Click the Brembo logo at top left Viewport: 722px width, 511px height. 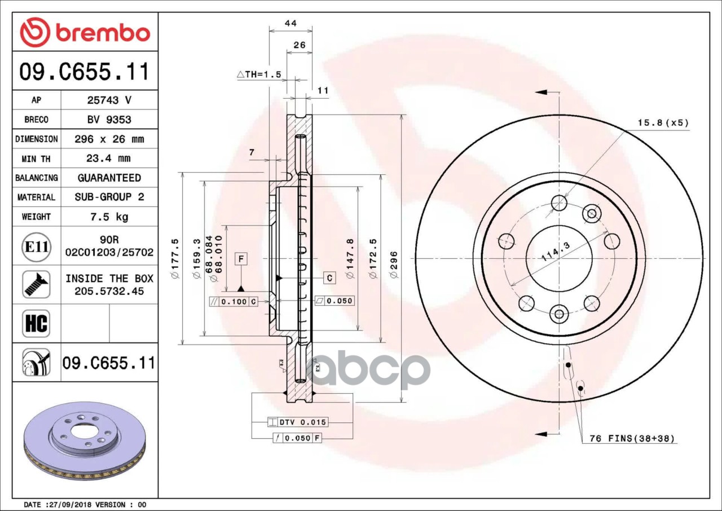(85, 33)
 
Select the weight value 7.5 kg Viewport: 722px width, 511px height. (109, 217)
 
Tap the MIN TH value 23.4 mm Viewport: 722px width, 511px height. (109, 158)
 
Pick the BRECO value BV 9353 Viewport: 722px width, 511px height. (109, 120)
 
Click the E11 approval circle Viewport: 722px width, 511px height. (37, 247)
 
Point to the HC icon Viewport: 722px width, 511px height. (36, 324)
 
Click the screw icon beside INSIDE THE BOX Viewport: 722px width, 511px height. (36, 284)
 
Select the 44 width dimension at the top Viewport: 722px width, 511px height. (290, 23)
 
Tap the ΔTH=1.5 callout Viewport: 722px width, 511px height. (259, 74)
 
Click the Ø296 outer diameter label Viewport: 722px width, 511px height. (394, 265)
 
